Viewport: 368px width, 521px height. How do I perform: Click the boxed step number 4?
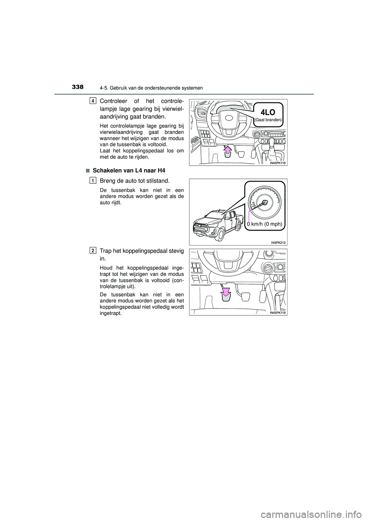pyautogui.click(x=94, y=101)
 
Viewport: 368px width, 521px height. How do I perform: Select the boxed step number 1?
pyautogui.click(x=94, y=180)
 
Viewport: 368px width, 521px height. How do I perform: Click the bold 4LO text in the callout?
pyautogui.click(x=269, y=112)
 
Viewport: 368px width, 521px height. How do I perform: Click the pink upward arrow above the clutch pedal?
pyautogui.click(x=228, y=150)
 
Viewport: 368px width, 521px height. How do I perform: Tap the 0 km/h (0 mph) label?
pyautogui.click(x=264, y=224)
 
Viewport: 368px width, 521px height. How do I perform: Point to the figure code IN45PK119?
pyautogui.click(x=278, y=313)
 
